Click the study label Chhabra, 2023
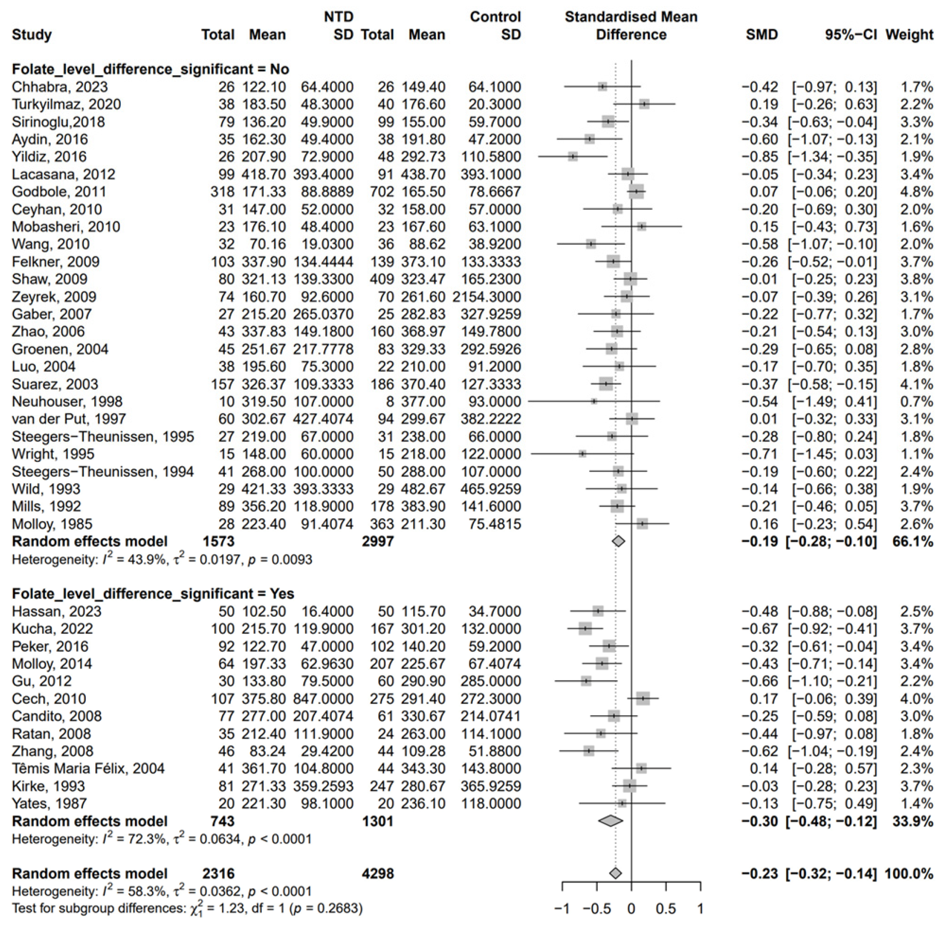click(60, 87)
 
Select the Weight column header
click(909, 35)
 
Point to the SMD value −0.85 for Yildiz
click(760, 157)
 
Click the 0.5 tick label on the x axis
click(665, 909)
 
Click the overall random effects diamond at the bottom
click(616, 873)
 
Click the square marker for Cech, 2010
click(643, 699)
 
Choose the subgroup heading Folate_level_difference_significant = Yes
click(153, 594)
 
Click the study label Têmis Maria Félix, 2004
click(88, 769)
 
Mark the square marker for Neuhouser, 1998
click(594, 401)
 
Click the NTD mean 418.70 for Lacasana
click(264, 174)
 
